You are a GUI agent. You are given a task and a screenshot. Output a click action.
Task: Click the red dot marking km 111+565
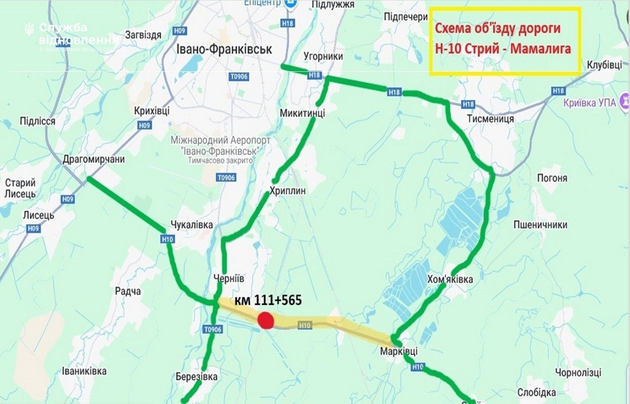(x=266, y=320)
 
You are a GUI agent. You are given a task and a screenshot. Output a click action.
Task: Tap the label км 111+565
(x=268, y=300)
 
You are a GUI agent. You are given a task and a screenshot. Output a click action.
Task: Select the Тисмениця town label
(x=488, y=119)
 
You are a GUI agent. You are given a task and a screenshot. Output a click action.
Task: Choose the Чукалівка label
(x=191, y=225)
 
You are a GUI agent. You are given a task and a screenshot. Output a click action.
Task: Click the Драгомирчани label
(x=93, y=160)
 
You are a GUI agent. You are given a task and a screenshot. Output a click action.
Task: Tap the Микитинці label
(x=302, y=113)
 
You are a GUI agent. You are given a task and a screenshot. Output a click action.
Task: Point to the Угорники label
(x=324, y=57)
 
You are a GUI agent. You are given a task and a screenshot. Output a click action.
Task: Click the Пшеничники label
(x=540, y=225)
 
